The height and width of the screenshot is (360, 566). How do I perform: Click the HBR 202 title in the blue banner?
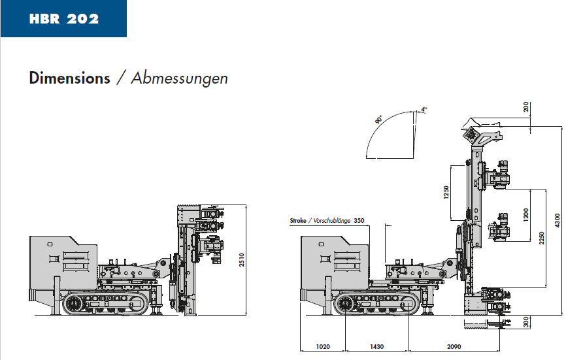(64, 19)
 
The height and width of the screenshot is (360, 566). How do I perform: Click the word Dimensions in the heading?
(70, 78)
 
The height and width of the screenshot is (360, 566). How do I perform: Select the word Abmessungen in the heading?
(179, 78)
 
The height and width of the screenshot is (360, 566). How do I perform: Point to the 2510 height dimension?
(241, 260)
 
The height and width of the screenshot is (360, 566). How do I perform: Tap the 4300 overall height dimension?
(557, 220)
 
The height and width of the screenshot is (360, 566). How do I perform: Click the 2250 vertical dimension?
(541, 238)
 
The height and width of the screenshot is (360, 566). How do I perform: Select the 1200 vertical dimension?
(525, 215)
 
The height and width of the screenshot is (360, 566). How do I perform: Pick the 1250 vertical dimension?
(446, 192)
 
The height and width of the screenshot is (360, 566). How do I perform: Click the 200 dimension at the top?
(526, 106)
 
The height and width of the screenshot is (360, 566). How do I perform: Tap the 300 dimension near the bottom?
(526, 321)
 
